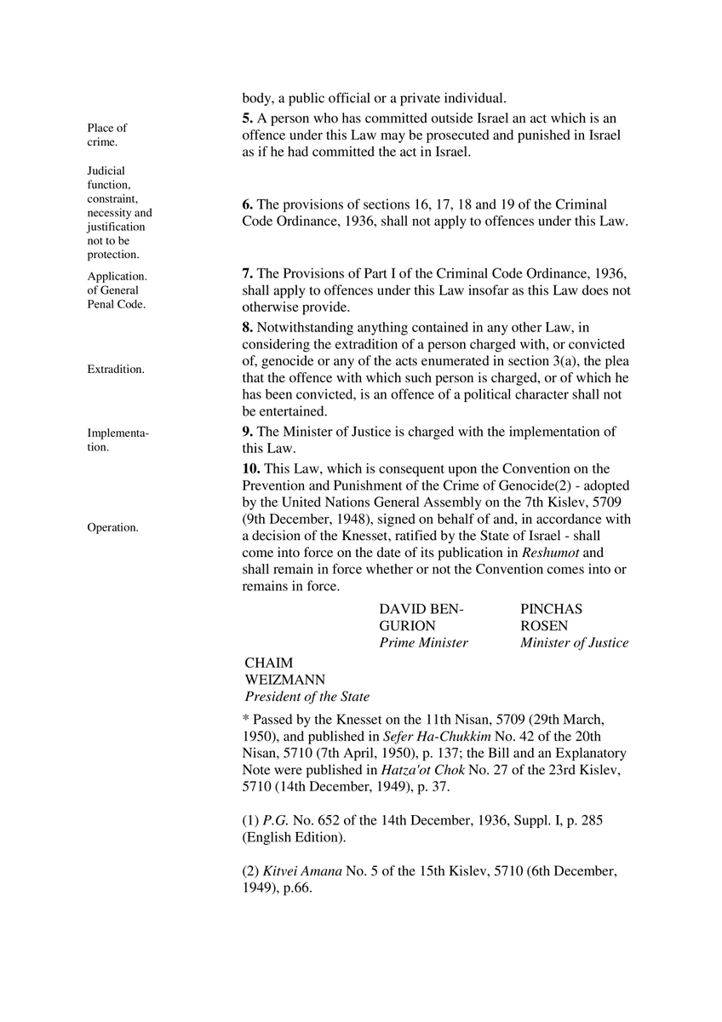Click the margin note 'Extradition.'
tap(115, 369)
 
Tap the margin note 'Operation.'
tap(112, 527)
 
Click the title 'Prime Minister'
tap(423, 643)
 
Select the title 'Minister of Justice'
tap(574, 643)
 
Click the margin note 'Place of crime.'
tap(106, 135)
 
